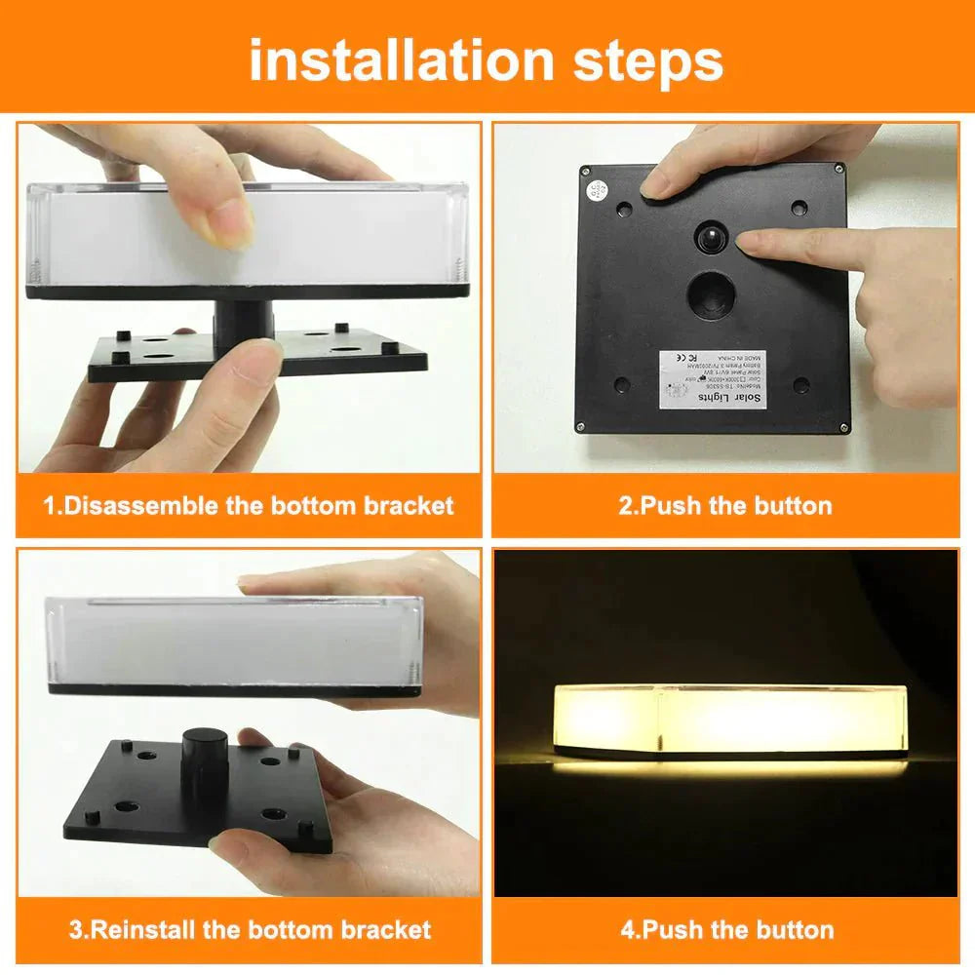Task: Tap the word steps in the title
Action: tap(640, 60)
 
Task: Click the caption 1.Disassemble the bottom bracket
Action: tap(249, 505)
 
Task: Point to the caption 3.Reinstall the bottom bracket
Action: tap(250, 928)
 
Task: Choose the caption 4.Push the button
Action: tap(727, 928)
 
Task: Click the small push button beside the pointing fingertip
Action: tap(711, 237)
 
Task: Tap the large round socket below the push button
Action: tap(711, 294)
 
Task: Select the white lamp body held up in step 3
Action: tap(234, 643)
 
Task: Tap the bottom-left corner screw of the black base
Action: tap(581, 426)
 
